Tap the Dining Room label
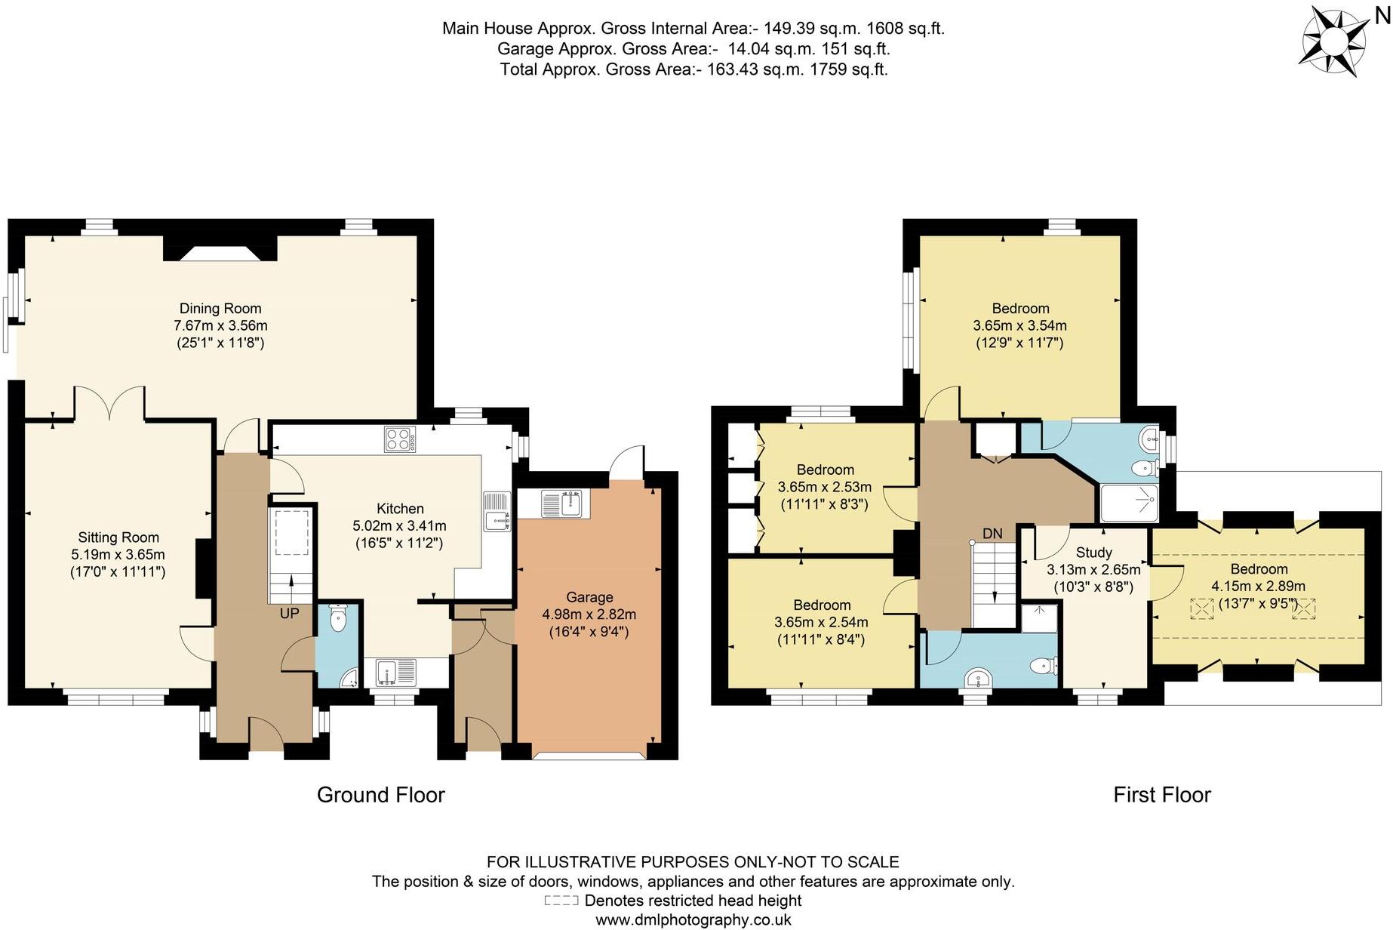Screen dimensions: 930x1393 pyautogui.click(x=220, y=308)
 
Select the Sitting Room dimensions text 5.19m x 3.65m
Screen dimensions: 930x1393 pyautogui.click(x=118, y=555)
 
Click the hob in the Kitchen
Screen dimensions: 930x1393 pyautogui.click(x=400, y=439)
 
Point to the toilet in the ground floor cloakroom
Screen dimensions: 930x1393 pyautogui.click(x=338, y=621)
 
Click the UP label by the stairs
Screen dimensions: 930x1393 pyautogui.click(x=289, y=614)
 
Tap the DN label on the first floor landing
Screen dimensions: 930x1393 pyautogui.click(x=992, y=534)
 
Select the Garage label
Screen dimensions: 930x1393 pyautogui.click(x=589, y=597)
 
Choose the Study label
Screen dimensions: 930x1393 pyautogui.click(x=1093, y=553)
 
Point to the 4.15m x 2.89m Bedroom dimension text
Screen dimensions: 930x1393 pyautogui.click(x=1258, y=587)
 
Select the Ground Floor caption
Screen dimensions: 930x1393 pyautogui.click(x=380, y=795)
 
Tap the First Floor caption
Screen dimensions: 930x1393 pyautogui.click(x=1161, y=795)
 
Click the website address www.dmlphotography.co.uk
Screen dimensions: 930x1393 pyautogui.click(x=693, y=920)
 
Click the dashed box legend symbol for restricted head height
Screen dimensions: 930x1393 pyautogui.click(x=561, y=901)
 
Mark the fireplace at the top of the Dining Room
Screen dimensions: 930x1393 pyautogui.click(x=220, y=251)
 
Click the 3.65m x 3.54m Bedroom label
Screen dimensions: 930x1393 pyautogui.click(x=1019, y=326)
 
